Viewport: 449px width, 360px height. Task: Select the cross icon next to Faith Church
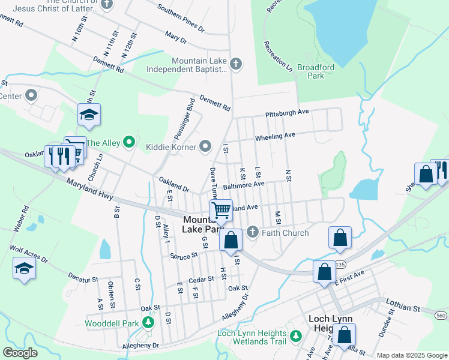253,232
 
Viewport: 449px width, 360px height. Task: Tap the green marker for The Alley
128,142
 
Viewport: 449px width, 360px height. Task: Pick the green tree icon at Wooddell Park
148,323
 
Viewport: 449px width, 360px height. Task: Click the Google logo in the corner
20,352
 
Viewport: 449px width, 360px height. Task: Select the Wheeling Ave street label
276,137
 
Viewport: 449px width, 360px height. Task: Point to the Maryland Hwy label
90,190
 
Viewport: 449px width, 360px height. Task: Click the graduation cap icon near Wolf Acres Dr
24,268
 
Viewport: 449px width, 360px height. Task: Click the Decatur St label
82,280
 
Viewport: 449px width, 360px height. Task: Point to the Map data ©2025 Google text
411,355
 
